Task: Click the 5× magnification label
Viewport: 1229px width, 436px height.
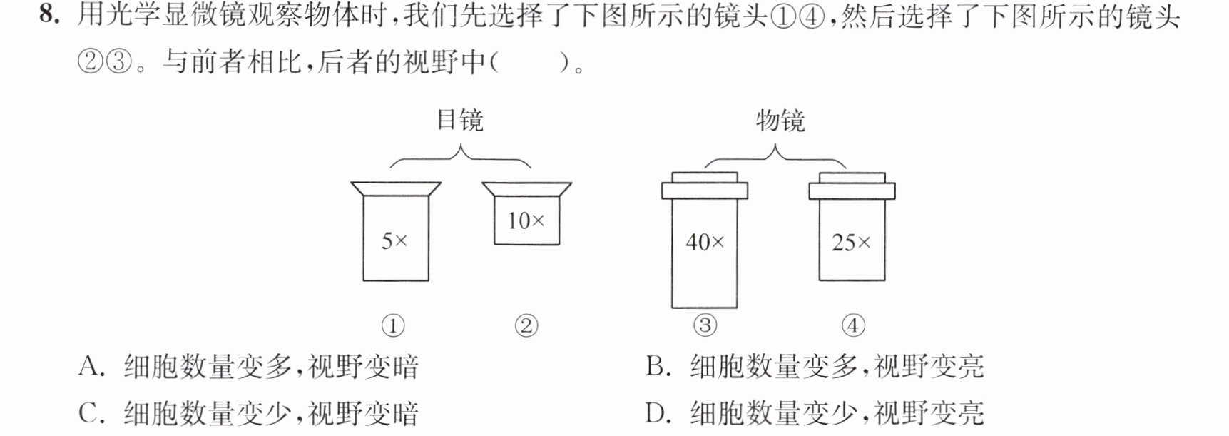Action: coord(394,241)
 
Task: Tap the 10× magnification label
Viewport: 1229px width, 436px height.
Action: coord(526,220)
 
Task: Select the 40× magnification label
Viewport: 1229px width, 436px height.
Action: coord(705,243)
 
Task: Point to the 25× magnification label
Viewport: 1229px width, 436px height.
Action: coord(852,243)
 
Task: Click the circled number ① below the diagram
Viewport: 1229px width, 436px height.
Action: coord(393,326)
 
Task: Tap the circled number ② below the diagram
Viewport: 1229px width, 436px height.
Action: coord(526,326)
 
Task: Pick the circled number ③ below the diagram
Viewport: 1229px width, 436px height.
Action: coord(705,326)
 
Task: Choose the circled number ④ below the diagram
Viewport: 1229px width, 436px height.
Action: coord(853,326)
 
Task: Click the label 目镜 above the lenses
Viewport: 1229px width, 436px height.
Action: coord(460,120)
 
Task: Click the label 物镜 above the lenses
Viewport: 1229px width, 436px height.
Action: coord(780,120)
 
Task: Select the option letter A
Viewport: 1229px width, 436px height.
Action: coord(91,366)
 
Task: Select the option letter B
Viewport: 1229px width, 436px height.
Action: coord(657,366)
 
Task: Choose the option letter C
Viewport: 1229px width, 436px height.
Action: coord(91,413)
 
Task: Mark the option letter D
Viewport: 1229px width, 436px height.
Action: coord(658,413)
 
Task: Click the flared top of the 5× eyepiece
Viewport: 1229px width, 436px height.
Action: coord(396,190)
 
